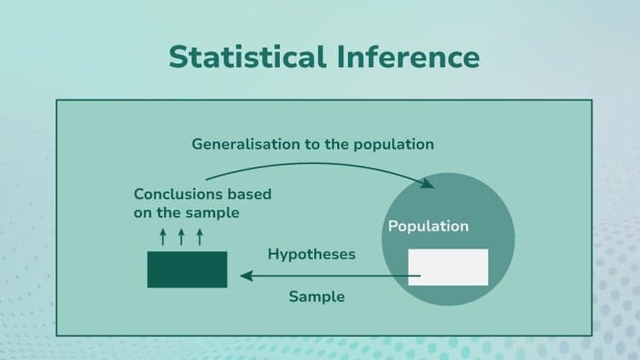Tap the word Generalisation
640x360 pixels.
[x=246, y=144]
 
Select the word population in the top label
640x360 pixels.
[x=394, y=144]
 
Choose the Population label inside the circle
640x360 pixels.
[x=428, y=226]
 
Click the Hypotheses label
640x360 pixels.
[x=311, y=254]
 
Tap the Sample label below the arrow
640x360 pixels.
[x=317, y=297]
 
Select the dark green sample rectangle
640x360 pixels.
[x=187, y=269]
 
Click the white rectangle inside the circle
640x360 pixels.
[x=448, y=267]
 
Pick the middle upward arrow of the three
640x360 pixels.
[x=181, y=235]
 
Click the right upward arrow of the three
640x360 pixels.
[x=200, y=235]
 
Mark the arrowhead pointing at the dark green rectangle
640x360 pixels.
[x=245, y=276]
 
